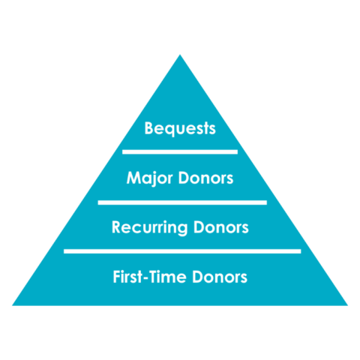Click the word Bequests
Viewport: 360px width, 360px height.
pos(180,128)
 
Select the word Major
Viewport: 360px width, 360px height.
pos(150,178)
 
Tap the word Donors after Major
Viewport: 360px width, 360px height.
pos(205,178)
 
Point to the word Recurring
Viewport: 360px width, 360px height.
pos(149,227)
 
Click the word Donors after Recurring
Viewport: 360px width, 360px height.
pos(221,227)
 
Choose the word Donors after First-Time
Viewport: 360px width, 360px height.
pos(220,277)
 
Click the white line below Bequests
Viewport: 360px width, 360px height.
pos(180,152)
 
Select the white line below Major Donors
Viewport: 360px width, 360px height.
pos(182,202)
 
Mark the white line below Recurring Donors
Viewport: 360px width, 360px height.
pos(182,251)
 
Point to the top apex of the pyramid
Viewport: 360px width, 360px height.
pos(180,55)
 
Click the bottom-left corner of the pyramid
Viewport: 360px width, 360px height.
pos(13,305)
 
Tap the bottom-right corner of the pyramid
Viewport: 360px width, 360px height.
pos(347,305)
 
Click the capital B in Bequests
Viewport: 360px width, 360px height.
pos(149,128)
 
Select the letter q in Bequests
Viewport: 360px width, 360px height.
pos(169,130)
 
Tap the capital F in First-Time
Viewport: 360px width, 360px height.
pos(117,277)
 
